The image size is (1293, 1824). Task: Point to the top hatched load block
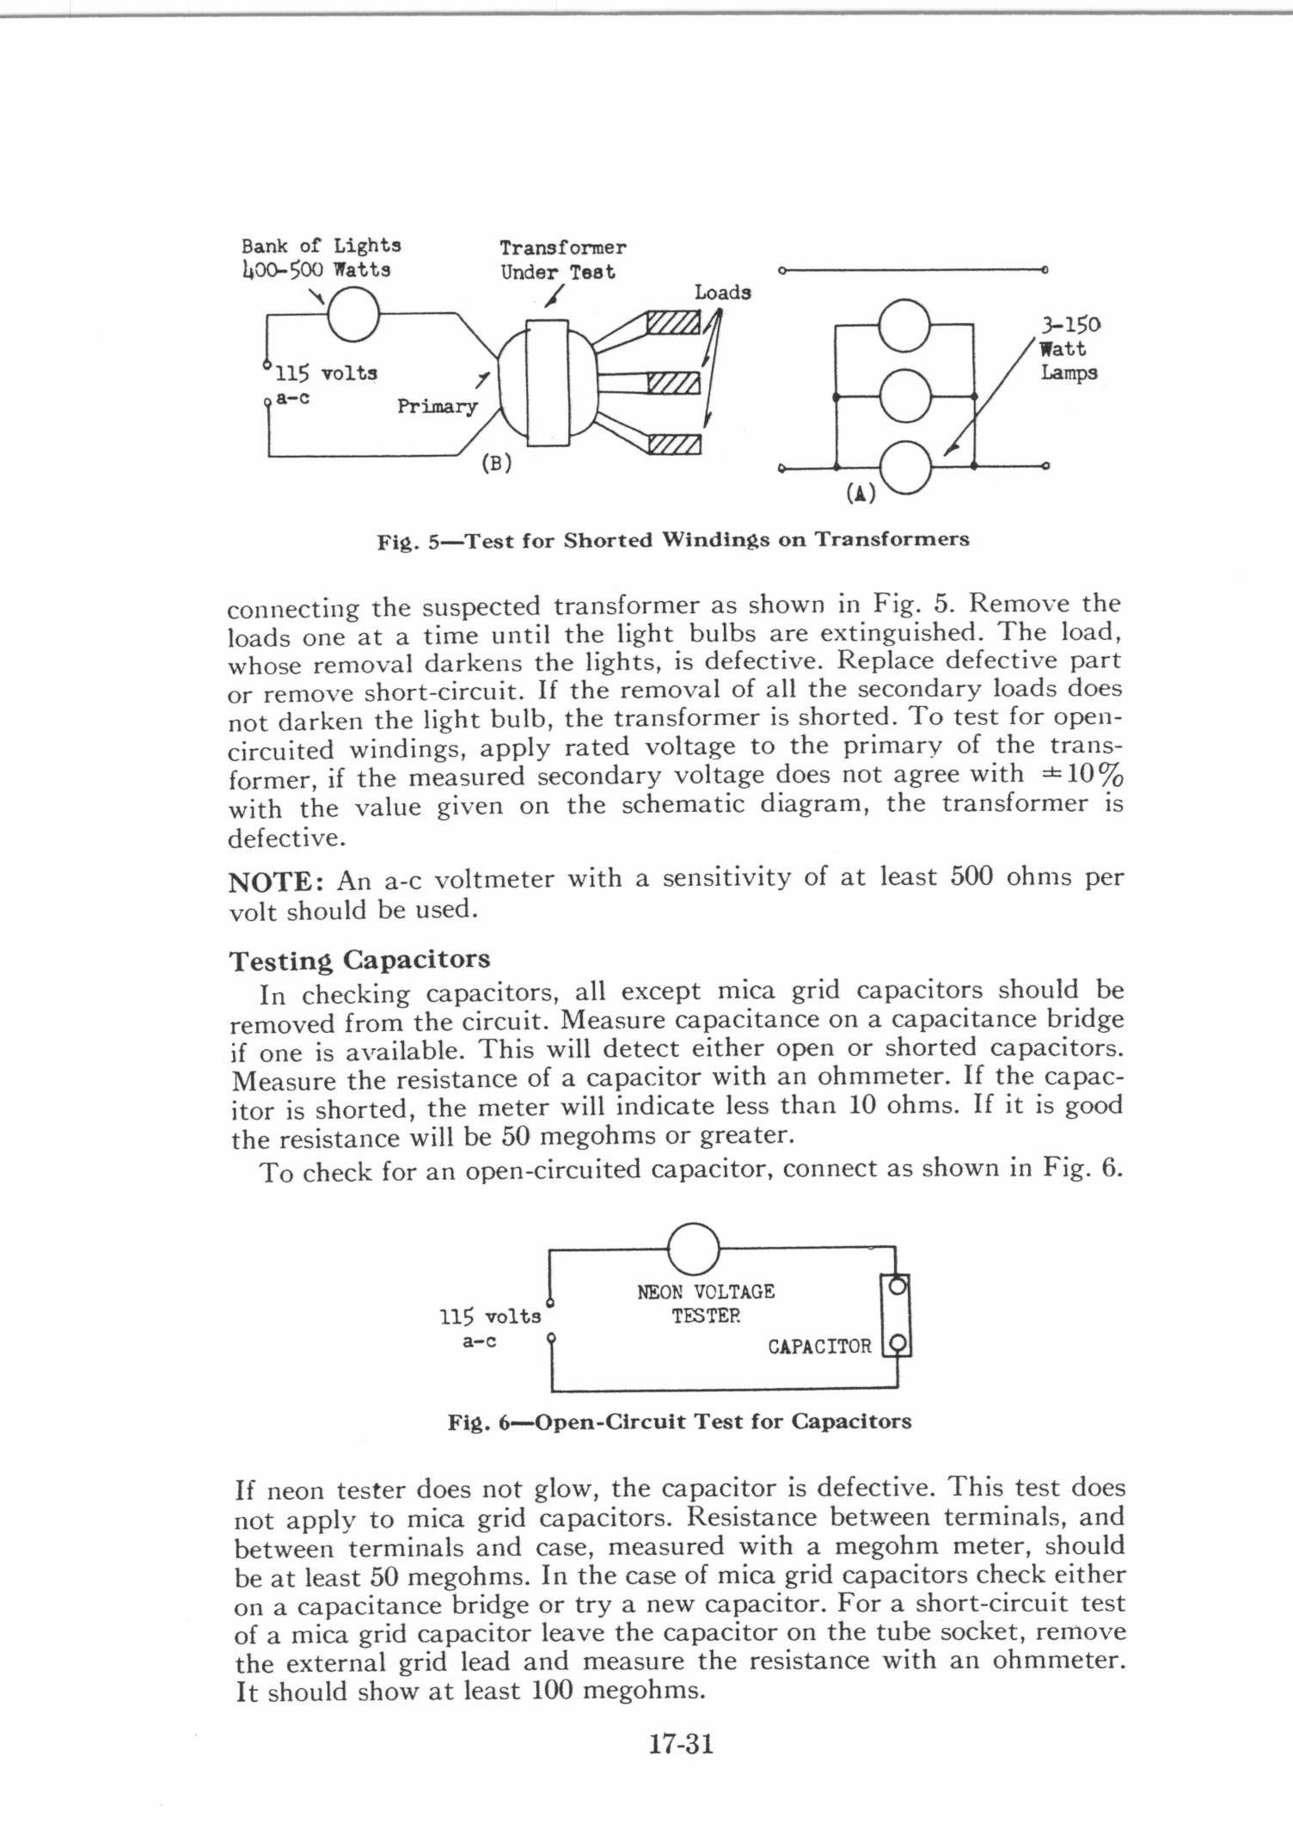point(675,324)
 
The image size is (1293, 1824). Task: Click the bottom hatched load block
point(675,444)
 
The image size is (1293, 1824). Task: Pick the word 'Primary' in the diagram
point(436,406)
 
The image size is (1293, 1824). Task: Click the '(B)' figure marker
point(496,463)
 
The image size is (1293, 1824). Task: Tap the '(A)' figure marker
point(860,493)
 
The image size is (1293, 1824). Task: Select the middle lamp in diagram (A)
point(906,396)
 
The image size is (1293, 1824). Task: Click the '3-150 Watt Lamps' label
point(1069,349)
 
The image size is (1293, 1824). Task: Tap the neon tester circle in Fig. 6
point(693,1249)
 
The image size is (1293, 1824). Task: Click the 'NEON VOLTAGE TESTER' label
point(706,1304)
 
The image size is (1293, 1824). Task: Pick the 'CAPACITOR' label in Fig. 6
point(819,1346)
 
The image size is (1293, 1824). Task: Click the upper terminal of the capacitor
point(896,1287)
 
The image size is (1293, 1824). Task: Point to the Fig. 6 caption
point(679,1422)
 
